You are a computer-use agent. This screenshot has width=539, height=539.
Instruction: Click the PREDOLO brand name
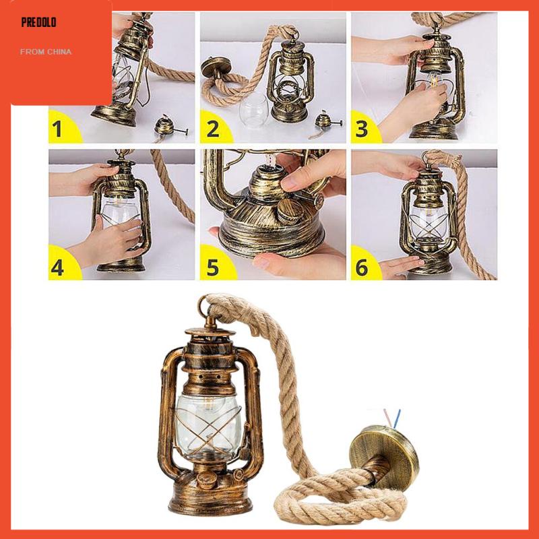(38, 23)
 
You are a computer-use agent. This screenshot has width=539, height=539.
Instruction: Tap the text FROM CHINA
(46, 52)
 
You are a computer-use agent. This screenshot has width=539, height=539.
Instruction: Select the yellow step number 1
(57, 129)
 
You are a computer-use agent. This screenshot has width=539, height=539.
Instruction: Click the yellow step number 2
(213, 129)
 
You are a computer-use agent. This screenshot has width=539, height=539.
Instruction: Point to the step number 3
(362, 129)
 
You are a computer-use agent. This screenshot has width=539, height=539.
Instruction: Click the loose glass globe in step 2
(255, 110)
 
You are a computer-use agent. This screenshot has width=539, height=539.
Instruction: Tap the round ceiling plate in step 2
(216, 66)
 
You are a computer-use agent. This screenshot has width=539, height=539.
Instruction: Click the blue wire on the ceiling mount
(397, 418)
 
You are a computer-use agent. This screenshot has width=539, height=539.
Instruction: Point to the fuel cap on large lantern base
(208, 480)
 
